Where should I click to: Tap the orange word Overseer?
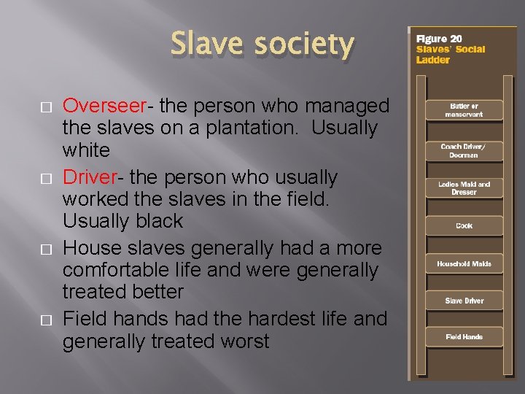coord(102,106)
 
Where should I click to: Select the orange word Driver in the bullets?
coord(90,177)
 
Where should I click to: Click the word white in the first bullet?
coord(86,151)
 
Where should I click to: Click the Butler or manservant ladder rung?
coord(464,110)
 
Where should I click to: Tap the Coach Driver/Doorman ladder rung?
coord(464,150)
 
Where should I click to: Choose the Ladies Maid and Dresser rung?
coord(464,188)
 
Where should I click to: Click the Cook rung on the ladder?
coord(464,225)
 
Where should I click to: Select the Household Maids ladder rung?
coord(464,263)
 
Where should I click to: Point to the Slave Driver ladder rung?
coord(464,301)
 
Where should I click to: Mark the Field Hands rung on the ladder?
coord(464,337)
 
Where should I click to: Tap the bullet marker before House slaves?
coord(47,250)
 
